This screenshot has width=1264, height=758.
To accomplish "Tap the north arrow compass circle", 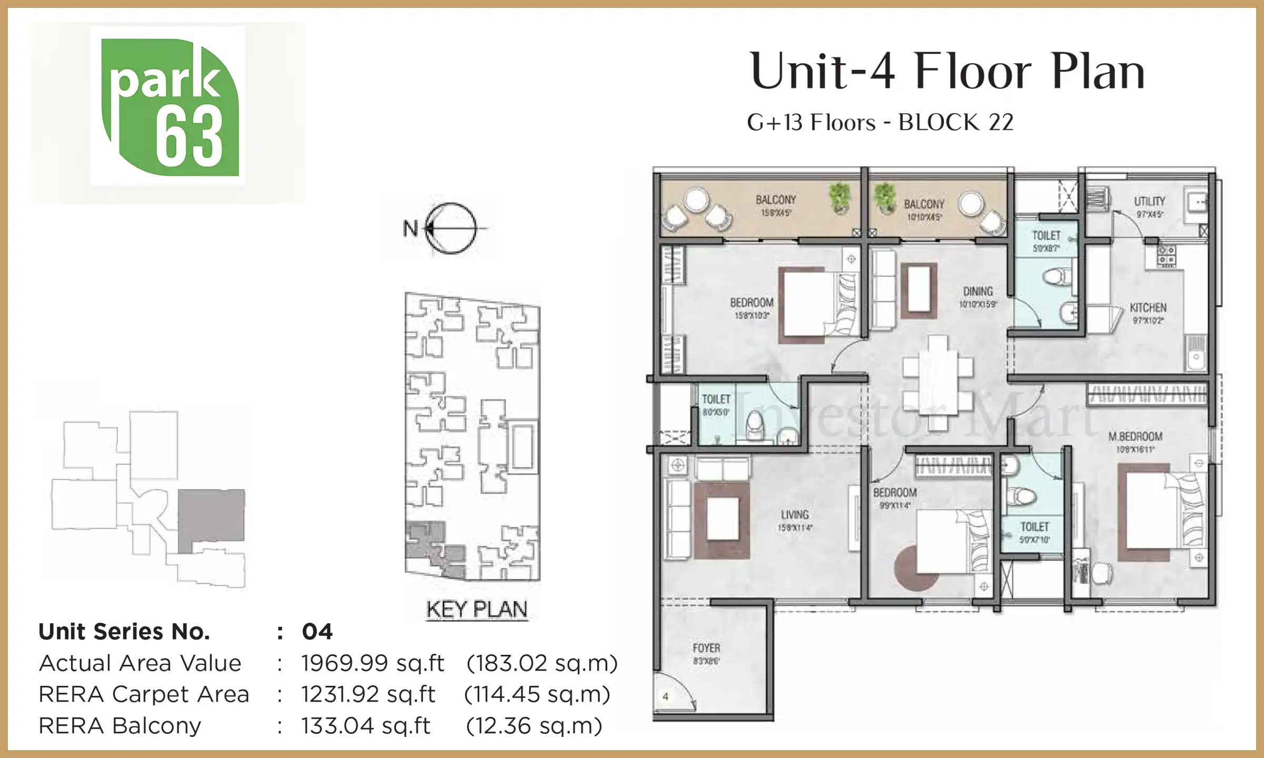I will [x=451, y=228].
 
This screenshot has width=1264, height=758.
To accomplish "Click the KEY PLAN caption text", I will [x=477, y=610].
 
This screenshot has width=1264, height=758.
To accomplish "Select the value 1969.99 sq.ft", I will [x=373, y=663].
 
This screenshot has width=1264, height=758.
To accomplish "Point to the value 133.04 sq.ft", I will [x=366, y=726].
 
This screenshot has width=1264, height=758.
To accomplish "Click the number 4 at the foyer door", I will [x=666, y=696].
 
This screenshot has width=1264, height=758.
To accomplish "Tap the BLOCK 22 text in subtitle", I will [x=955, y=123].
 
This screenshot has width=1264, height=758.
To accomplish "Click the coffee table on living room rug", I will [x=723, y=519].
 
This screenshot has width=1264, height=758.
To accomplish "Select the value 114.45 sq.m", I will [x=537, y=694].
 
